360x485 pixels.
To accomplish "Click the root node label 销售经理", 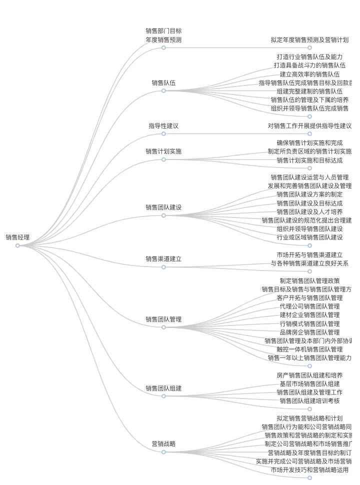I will (x=17, y=237).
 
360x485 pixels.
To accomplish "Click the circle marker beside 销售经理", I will (x=17, y=245).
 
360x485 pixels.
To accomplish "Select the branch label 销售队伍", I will (x=163, y=82).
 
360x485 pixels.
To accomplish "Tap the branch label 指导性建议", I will (x=163, y=126).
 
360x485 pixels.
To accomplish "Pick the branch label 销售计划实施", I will (x=163, y=151).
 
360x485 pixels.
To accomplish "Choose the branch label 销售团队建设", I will (x=163, y=207).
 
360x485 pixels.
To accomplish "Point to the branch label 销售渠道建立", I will (x=163, y=259).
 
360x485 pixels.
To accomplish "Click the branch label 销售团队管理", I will (x=163, y=319).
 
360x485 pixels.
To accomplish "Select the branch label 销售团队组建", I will (x=163, y=388).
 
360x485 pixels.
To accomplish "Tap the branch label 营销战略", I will (x=163, y=444).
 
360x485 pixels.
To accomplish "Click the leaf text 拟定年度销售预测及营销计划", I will (x=309, y=40).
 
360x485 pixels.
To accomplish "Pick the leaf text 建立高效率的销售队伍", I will (x=309, y=74).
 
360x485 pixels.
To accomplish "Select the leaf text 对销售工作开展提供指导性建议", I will (x=309, y=126).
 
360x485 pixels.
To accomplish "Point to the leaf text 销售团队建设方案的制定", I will (x=309, y=194).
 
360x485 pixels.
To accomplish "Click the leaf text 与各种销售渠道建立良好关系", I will (x=309, y=263).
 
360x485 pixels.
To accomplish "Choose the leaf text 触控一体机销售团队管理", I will (x=309, y=349).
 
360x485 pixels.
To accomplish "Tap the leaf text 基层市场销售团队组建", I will (x=309, y=384).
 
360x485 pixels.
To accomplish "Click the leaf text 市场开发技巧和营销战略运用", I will (x=309, y=470).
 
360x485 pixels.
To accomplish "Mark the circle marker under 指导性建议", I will (x=163, y=134).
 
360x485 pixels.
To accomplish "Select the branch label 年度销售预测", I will (x=163, y=40).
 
